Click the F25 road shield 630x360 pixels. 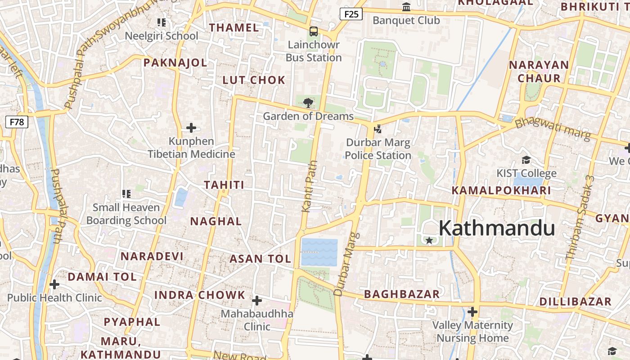coord(351,14)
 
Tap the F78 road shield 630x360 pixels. coord(17,122)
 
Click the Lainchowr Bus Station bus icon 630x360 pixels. coord(314,31)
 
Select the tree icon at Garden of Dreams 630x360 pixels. coord(308,103)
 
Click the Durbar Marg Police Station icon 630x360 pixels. coord(378,130)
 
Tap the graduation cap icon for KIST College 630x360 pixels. coord(526,160)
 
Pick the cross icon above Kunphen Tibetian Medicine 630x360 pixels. coord(191,128)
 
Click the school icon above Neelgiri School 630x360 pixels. coord(162,22)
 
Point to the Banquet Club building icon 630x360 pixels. coord(406,7)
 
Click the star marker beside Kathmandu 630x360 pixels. coord(429,241)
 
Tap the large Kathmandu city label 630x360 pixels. coord(497,228)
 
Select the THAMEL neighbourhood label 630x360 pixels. coord(234,27)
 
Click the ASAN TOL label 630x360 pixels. coord(261,259)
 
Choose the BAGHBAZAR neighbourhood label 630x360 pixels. coord(402,294)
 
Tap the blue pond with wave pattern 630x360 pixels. coord(319,252)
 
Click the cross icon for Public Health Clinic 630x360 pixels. coord(54,284)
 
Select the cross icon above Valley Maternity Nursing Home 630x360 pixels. coord(472,311)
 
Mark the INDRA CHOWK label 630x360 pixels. coord(200,295)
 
